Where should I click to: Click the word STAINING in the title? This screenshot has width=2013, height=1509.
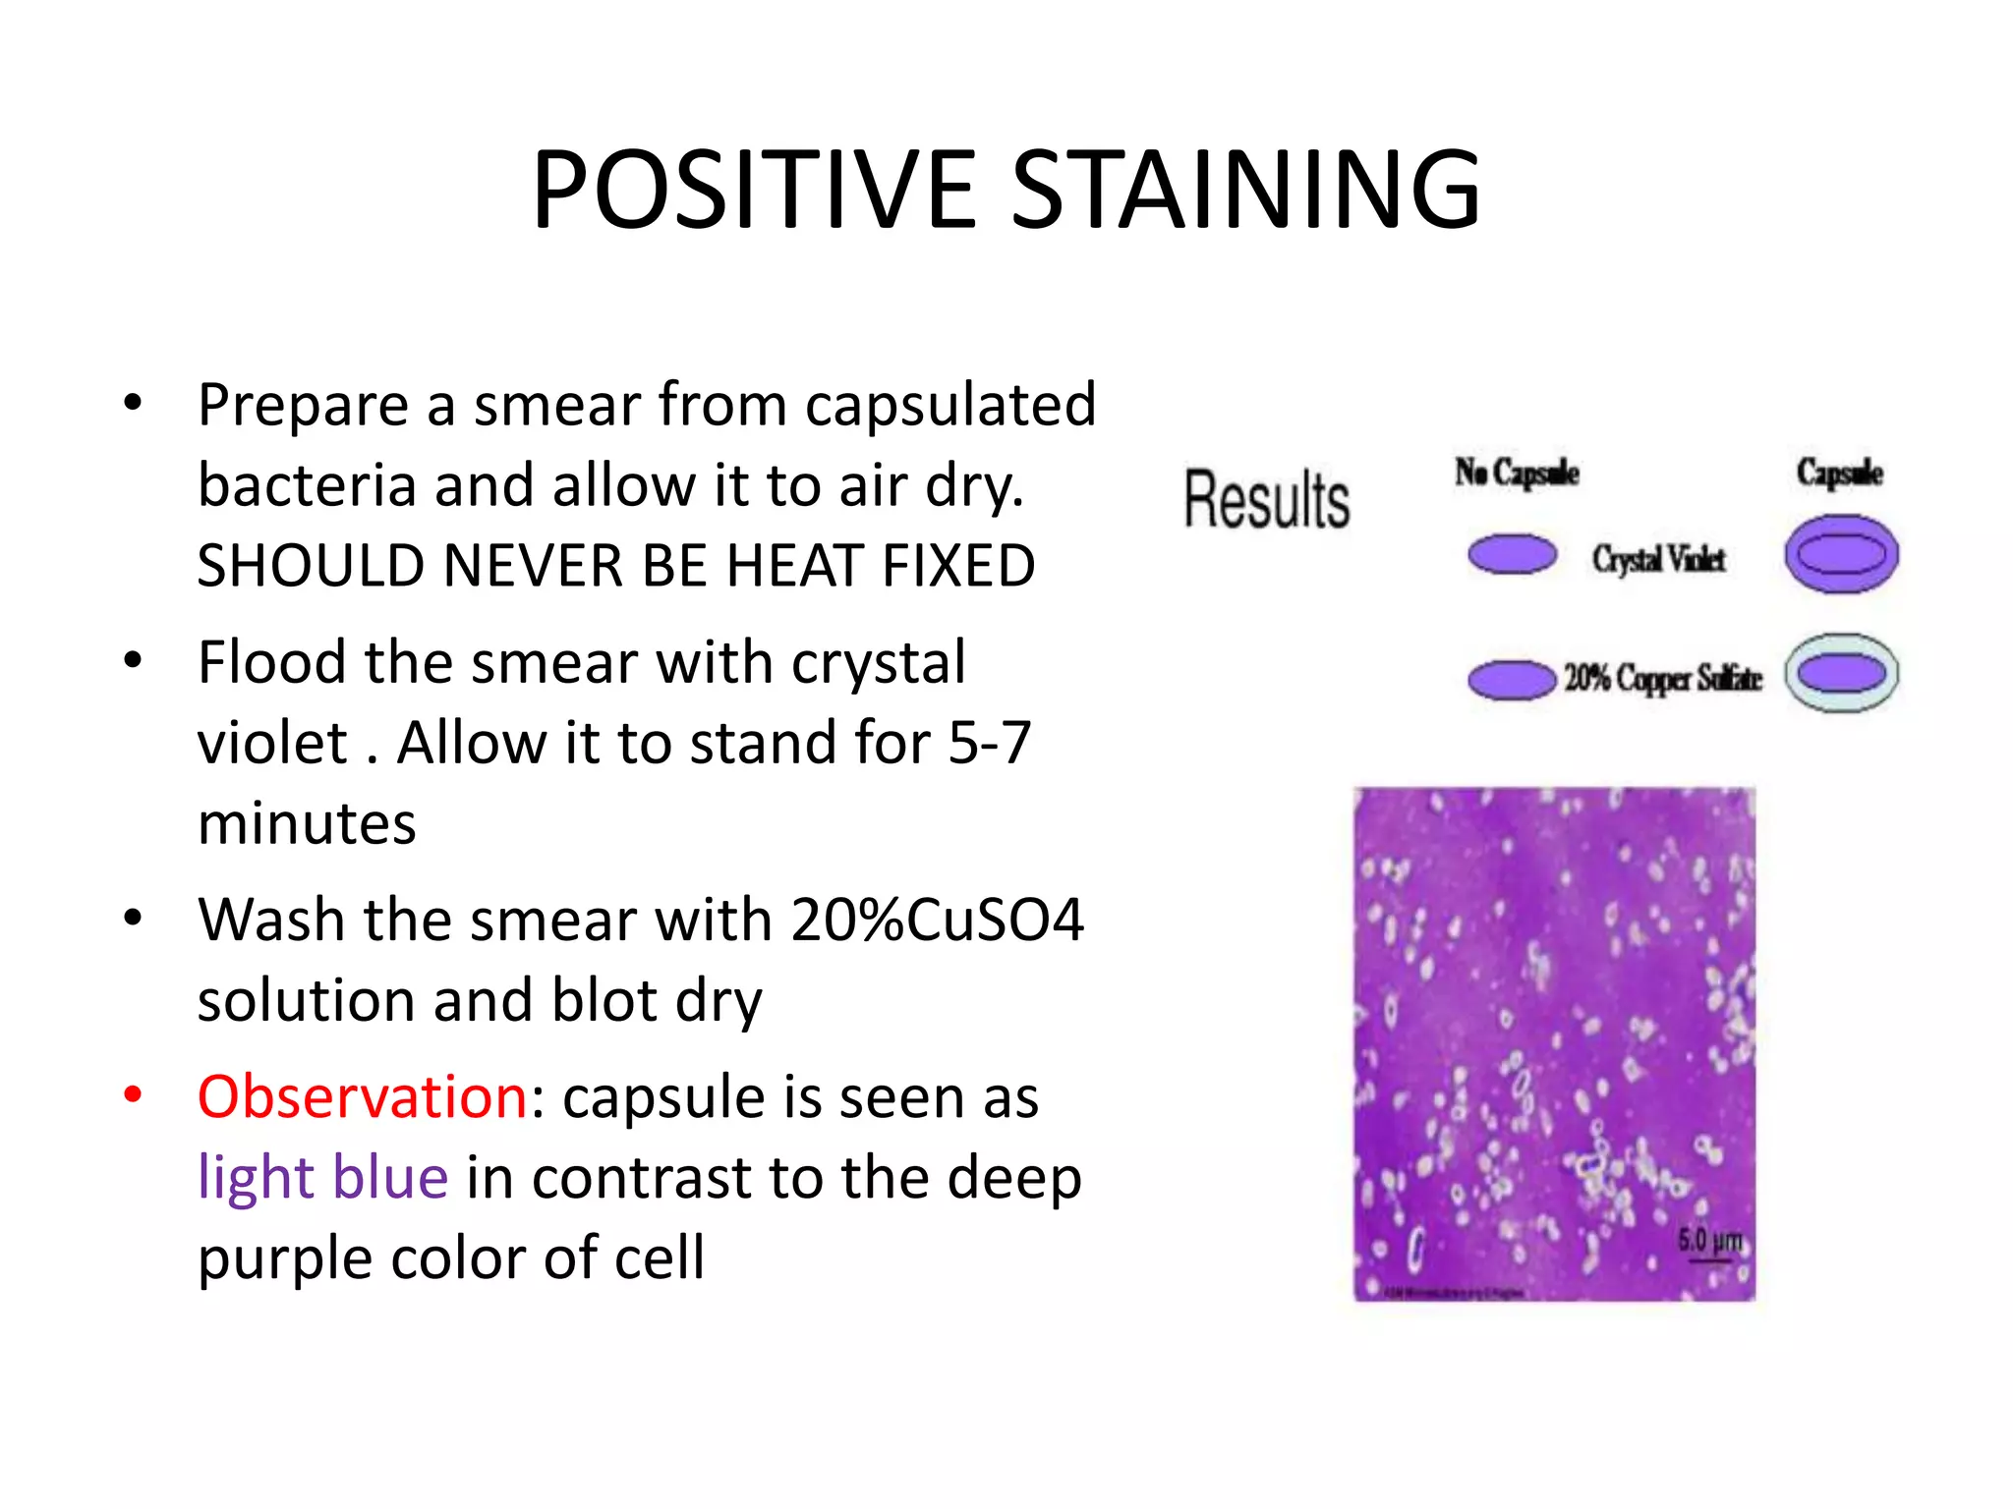[x=1246, y=190]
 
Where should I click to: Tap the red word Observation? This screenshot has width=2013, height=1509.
[x=363, y=1096]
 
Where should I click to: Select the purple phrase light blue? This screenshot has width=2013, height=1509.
[x=322, y=1177]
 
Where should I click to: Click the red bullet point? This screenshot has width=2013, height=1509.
[x=134, y=1093]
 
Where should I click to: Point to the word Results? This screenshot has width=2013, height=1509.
[x=1266, y=500]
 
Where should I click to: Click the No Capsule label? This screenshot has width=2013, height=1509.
[x=1517, y=474]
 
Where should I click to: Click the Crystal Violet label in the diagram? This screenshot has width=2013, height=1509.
[x=1659, y=559]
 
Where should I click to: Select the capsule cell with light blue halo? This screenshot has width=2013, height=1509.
[x=1841, y=674]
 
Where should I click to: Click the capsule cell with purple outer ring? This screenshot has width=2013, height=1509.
[x=1841, y=554]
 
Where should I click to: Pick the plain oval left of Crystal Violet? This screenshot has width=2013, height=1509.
[x=1512, y=554]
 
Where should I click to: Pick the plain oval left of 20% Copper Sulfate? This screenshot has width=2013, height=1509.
[x=1512, y=680]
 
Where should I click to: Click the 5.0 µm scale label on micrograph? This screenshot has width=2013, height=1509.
[x=1709, y=1241]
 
